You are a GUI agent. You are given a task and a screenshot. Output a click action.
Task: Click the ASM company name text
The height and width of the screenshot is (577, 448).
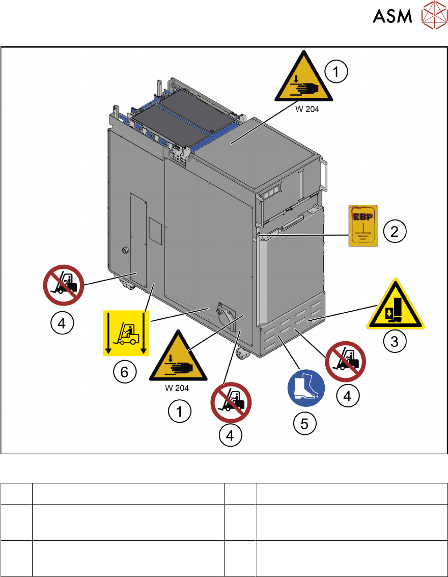tap(392, 17)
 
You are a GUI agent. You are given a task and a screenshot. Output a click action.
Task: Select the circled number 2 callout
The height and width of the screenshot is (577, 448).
tap(394, 232)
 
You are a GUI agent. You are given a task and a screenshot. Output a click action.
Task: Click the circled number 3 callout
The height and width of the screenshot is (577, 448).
tap(395, 341)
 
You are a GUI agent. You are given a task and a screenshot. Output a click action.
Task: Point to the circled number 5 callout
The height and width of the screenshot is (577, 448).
tap(304, 422)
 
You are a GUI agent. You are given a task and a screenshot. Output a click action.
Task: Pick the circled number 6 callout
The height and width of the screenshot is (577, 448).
tap(125, 373)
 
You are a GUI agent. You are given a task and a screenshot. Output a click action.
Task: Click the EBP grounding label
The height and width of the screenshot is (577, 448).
tap(363, 225)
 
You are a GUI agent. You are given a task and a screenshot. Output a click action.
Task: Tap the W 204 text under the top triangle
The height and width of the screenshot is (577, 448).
tap(309, 108)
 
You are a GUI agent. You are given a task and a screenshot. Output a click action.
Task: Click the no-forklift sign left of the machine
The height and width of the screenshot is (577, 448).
tap(64, 287)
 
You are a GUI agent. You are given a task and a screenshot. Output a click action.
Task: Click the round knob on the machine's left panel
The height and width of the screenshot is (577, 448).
tap(124, 251)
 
